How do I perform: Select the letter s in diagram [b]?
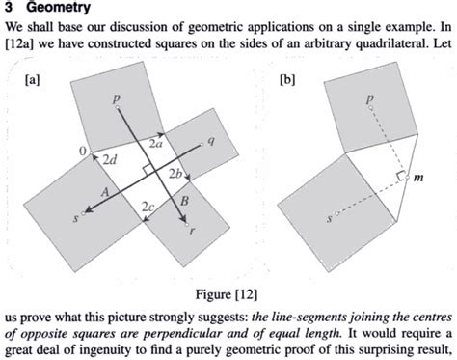coord(330,219)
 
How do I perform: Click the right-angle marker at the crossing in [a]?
coord(143,168)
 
